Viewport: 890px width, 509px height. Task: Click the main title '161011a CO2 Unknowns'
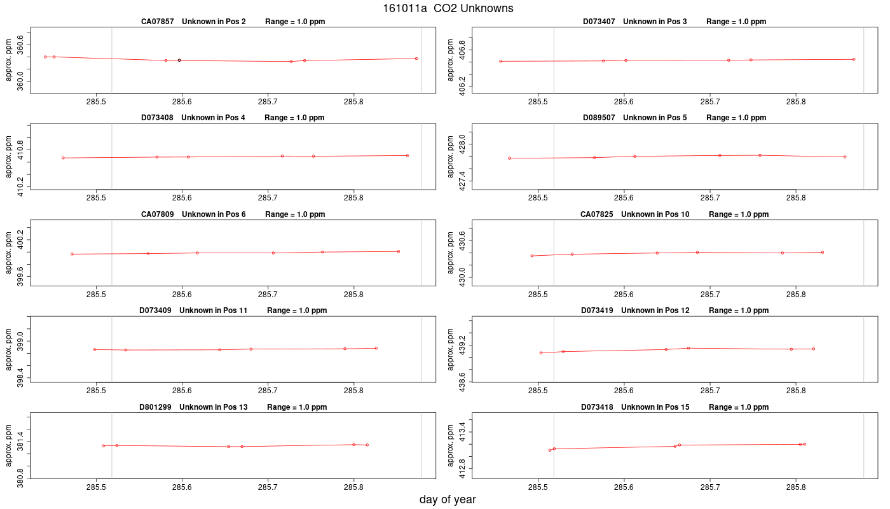click(x=448, y=8)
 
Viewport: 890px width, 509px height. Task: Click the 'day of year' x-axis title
click(x=448, y=499)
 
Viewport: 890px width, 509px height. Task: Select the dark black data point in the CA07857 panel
click(x=179, y=60)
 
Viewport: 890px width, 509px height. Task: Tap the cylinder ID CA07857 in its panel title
click(x=158, y=22)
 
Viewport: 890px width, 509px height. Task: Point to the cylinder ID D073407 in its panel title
click(x=599, y=22)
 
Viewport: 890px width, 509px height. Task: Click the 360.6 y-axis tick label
click(x=20, y=45)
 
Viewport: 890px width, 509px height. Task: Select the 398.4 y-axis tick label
click(x=20, y=378)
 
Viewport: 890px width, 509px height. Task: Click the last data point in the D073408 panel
click(x=407, y=155)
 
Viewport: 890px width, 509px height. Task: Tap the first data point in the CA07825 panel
click(x=532, y=256)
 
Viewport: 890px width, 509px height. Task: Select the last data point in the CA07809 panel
click(x=399, y=251)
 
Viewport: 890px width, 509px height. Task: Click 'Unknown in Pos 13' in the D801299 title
click(x=214, y=407)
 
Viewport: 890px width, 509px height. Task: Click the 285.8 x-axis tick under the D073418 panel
click(x=796, y=487)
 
